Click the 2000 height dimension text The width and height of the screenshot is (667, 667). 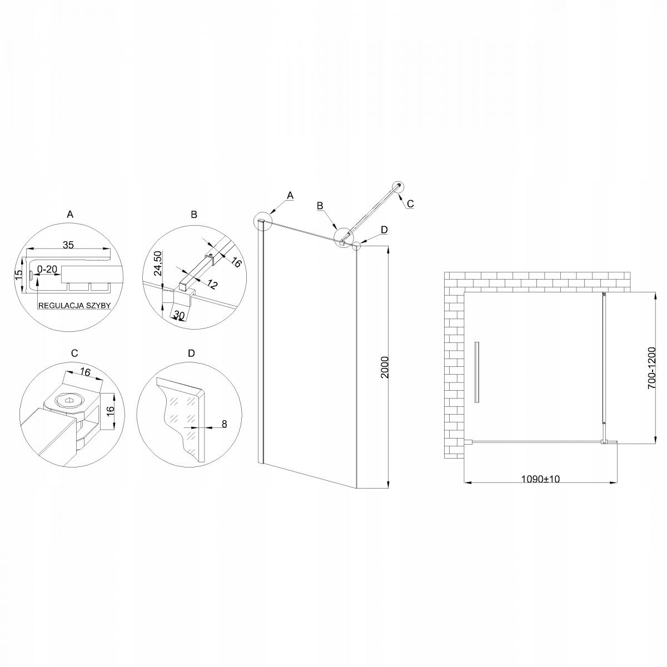[385, 367]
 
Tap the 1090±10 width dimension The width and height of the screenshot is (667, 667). [540, 479]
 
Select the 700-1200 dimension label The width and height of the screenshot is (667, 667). [652, 367]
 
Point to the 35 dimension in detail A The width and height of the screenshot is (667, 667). [68, 245]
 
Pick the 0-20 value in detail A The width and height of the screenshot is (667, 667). [48, 270]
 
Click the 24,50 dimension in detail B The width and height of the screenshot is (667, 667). [157, 263]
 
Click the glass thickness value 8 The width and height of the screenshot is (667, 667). [225, 424]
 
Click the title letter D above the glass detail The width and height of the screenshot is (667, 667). [191, 354]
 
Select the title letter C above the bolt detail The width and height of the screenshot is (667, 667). [74, 354]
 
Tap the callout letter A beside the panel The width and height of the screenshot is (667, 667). [290, 195]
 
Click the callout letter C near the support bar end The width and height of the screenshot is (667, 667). [410, 203]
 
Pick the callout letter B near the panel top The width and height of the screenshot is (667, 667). [320, 206]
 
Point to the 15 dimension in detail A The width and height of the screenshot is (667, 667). [18, 274]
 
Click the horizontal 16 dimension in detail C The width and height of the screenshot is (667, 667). [85, 373]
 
